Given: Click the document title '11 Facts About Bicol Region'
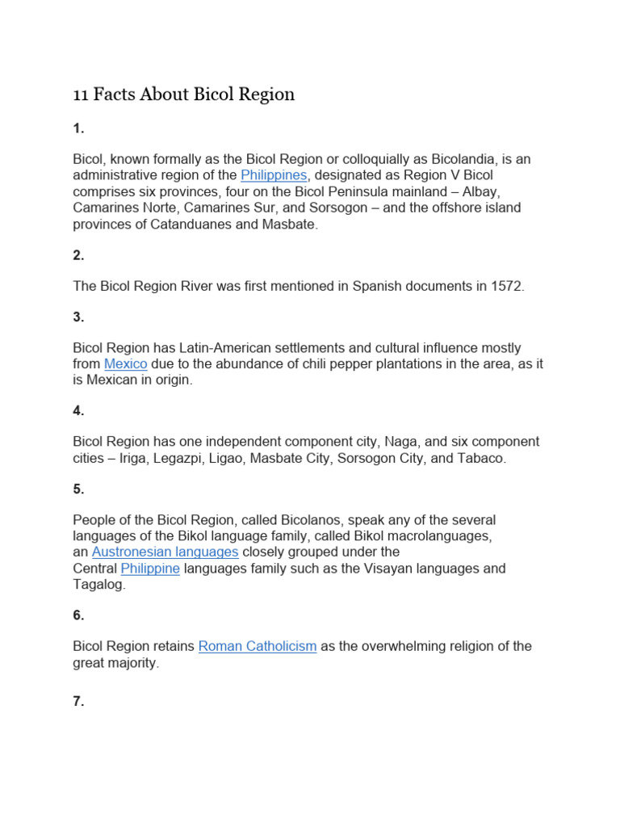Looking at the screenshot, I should coord(184,95).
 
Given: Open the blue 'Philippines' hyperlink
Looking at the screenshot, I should coord(274,175).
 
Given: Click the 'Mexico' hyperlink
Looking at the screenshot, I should coord(125,364).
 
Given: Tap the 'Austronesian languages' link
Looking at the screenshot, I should coord(165,552).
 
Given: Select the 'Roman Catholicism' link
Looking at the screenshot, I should coord(258,646).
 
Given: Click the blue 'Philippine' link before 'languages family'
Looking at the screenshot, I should coord(150,569).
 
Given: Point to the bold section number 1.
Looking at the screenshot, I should coord(78,128).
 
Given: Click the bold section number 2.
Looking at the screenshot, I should coord(78,255).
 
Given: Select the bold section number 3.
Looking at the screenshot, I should coord(78,317).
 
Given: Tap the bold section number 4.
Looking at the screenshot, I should coord(78,410).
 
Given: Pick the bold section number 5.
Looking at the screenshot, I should coord(78,489).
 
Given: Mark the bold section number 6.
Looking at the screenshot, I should coord(78,615).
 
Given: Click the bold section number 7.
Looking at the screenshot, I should coord(78,701).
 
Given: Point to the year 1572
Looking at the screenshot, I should coord(505,286).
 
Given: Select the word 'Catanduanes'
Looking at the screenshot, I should coord(187,224).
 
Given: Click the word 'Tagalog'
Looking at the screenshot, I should coord(98,584).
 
